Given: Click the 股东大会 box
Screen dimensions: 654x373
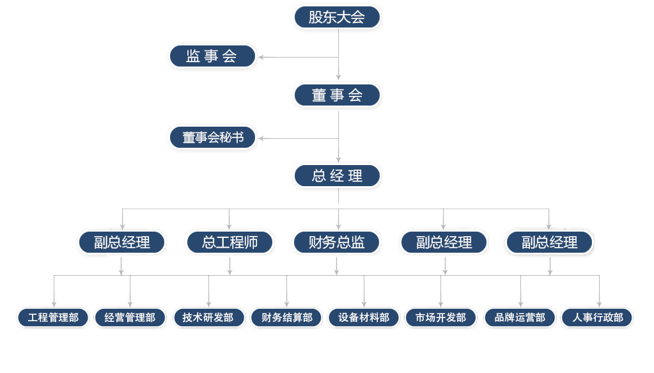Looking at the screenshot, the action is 337,17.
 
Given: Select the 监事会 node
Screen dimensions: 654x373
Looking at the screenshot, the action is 212,56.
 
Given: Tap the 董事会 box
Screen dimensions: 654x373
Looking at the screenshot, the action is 337,95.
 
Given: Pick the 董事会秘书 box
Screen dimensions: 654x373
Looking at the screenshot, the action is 212,138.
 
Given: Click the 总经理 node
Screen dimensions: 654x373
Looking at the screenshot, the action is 337,176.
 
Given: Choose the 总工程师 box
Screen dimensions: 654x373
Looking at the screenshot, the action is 230,242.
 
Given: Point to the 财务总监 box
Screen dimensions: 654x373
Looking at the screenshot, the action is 337,242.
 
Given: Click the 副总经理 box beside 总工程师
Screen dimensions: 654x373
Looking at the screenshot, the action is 122,242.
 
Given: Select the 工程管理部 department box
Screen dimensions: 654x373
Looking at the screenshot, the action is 53,318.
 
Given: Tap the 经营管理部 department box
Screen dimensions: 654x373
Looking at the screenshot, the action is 130,318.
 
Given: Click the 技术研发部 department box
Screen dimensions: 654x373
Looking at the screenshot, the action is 208,318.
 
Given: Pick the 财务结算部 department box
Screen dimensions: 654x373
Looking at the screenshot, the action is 286,318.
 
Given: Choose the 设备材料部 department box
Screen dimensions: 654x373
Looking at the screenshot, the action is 364,318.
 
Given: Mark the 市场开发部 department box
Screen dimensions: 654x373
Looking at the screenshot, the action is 440,318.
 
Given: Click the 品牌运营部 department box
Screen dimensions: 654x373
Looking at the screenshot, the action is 520,318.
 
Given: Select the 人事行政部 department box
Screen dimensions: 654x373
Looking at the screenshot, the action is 597,318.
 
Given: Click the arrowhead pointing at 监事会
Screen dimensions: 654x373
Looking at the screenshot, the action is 261,57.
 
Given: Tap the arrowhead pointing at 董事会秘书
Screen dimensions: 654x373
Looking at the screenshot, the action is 261,139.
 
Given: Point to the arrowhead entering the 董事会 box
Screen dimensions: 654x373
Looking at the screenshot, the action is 338,77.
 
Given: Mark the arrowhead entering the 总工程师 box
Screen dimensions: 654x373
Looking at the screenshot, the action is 229,227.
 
